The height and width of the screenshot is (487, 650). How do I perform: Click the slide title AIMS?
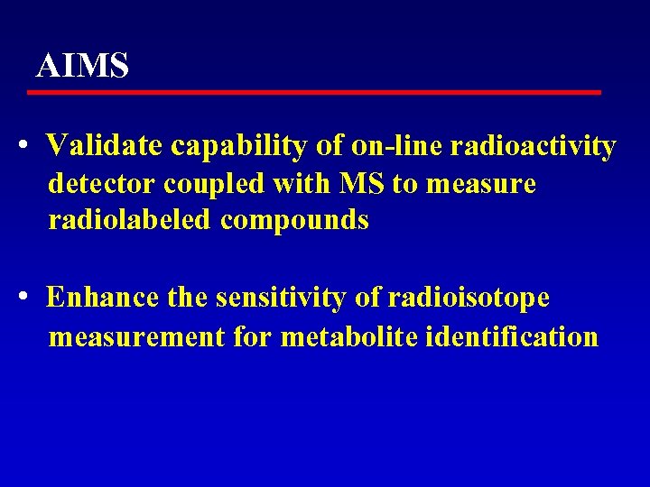tap(82, 66)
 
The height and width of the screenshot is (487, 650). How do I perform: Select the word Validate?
tap(106, 145)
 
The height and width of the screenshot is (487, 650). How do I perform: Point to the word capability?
tap(238, 146)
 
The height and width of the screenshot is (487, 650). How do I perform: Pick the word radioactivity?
tap(533, 145)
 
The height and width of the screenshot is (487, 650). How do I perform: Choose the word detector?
tap(102, 184)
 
